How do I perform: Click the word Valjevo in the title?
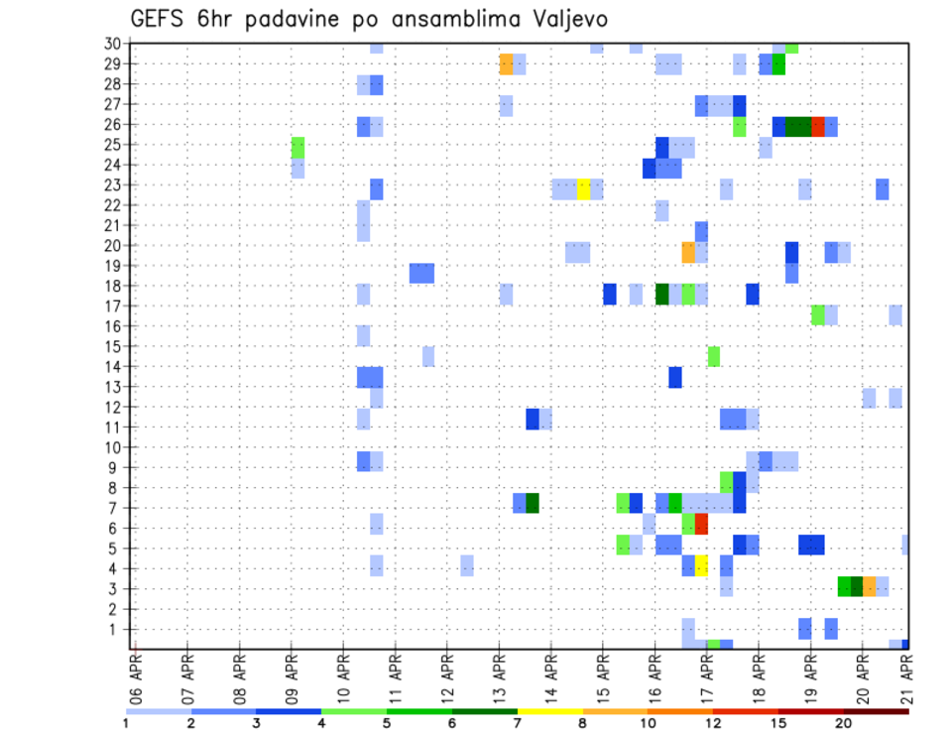click(x=568, y=19)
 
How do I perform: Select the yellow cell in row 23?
click(x=584, y=188)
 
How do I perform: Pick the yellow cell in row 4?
click(x=701, y=565)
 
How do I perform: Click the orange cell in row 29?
click(x=506, y=64)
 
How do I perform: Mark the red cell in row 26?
click(x=818, y=126)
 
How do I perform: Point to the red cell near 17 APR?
click(x=701, y=524)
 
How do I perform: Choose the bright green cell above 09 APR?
click(x=297, y=147)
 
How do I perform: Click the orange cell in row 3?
click(x=870, y=586)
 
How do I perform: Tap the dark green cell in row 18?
click(x=662, y=295)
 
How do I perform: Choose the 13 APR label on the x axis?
click(x=499, y=674)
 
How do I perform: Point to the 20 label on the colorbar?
click(x=844, y=723)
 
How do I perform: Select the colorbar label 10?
click(x=648, y=723)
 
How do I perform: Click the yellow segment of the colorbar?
click(x=549, y=711)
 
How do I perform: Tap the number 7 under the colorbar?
click(x=517, y=723)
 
